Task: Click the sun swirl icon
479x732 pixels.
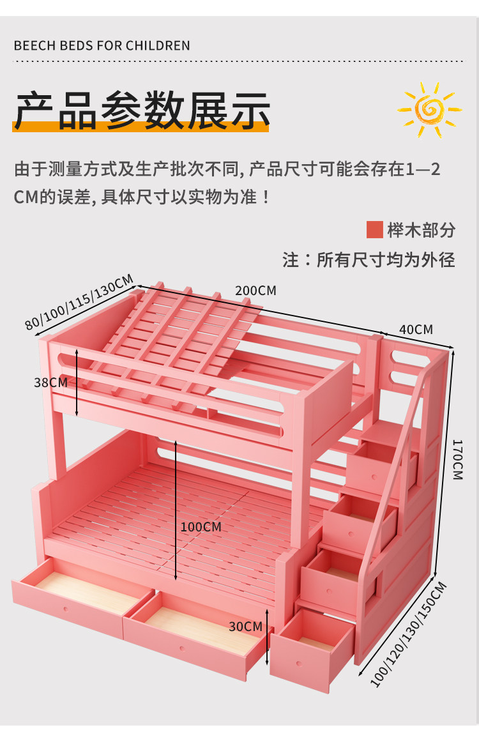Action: tap(429, 109)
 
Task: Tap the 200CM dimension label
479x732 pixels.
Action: tap(255, 291)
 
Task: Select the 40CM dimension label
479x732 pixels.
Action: tap(416, 330)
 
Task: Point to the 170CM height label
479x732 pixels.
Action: tap(458, 459)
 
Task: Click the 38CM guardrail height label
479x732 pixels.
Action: tap(50, 383)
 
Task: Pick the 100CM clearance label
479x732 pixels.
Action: tap(201, 527)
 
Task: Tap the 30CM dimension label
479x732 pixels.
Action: tap(245, 627)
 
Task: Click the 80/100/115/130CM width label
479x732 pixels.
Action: tap(80, 302)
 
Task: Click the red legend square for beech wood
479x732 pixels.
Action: tap(374, 230)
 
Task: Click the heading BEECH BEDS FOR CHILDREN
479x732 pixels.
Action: tap(102, 46)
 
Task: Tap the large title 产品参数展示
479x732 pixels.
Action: tap(142, 110)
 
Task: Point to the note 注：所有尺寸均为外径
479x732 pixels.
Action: tap(369, 260)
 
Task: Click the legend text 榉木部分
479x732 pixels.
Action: tap(421, 230)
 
